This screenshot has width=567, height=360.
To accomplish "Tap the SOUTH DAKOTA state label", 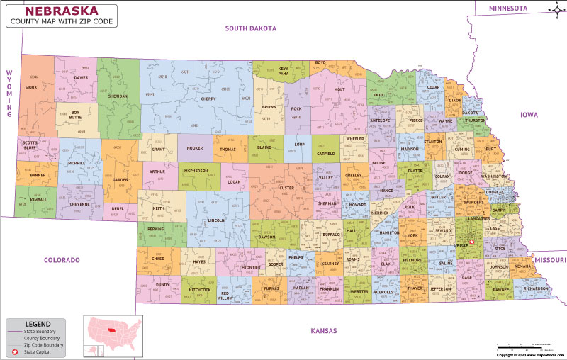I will [x=250, y=28].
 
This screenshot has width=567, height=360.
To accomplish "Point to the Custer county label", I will [x=287, y=188].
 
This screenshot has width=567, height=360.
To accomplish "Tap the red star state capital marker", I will [x=471, y=243].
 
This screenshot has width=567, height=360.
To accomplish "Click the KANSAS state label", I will [x=323, y=331].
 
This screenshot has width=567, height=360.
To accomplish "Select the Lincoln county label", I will [x=217, y=220].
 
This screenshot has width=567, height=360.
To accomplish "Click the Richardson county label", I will [x=536, y=288].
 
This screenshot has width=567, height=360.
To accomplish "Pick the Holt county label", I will [x=339, y=89].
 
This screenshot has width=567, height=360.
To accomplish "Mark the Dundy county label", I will [x=162, y=284].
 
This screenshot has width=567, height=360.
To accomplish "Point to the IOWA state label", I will [x=529, y=114].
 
